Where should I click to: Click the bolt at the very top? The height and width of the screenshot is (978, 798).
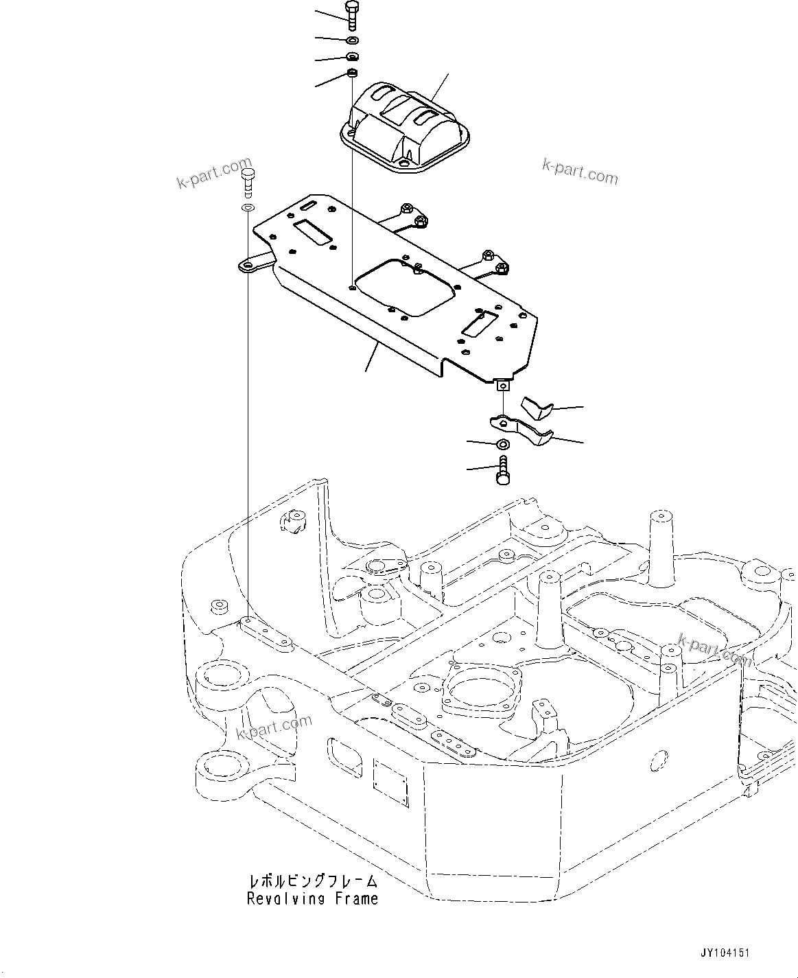click(351, 15)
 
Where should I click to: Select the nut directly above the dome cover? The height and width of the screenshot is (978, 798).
click(351, 73)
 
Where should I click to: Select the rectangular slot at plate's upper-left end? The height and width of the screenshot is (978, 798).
click(313, 231)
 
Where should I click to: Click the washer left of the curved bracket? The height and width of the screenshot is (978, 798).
click(502, 445)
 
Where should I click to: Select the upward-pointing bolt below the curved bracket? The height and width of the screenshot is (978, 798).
click(502, 472)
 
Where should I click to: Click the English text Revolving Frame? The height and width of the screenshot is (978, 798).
click(313, 898)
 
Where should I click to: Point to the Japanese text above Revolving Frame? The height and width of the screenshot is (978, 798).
click(313, 881)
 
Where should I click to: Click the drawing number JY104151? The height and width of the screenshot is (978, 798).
click(725, 953)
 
